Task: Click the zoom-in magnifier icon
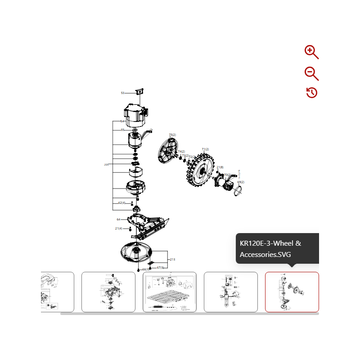pos(311,52)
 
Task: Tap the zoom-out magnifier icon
pos(311,73)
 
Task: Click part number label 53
pos(122,93)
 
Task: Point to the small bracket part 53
pos(139,91)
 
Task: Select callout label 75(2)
pos(172,135)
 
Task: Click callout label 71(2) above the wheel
pos(205,149)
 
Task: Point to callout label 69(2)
pos(241,182)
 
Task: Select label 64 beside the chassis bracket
pos(118,220)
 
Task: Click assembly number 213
pos(172,260)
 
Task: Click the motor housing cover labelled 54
pos(135,115)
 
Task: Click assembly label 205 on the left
pos(106,165)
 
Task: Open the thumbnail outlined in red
pos(292,292)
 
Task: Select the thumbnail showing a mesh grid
pos(170,292)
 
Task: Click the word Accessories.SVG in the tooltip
pos(265,254)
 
